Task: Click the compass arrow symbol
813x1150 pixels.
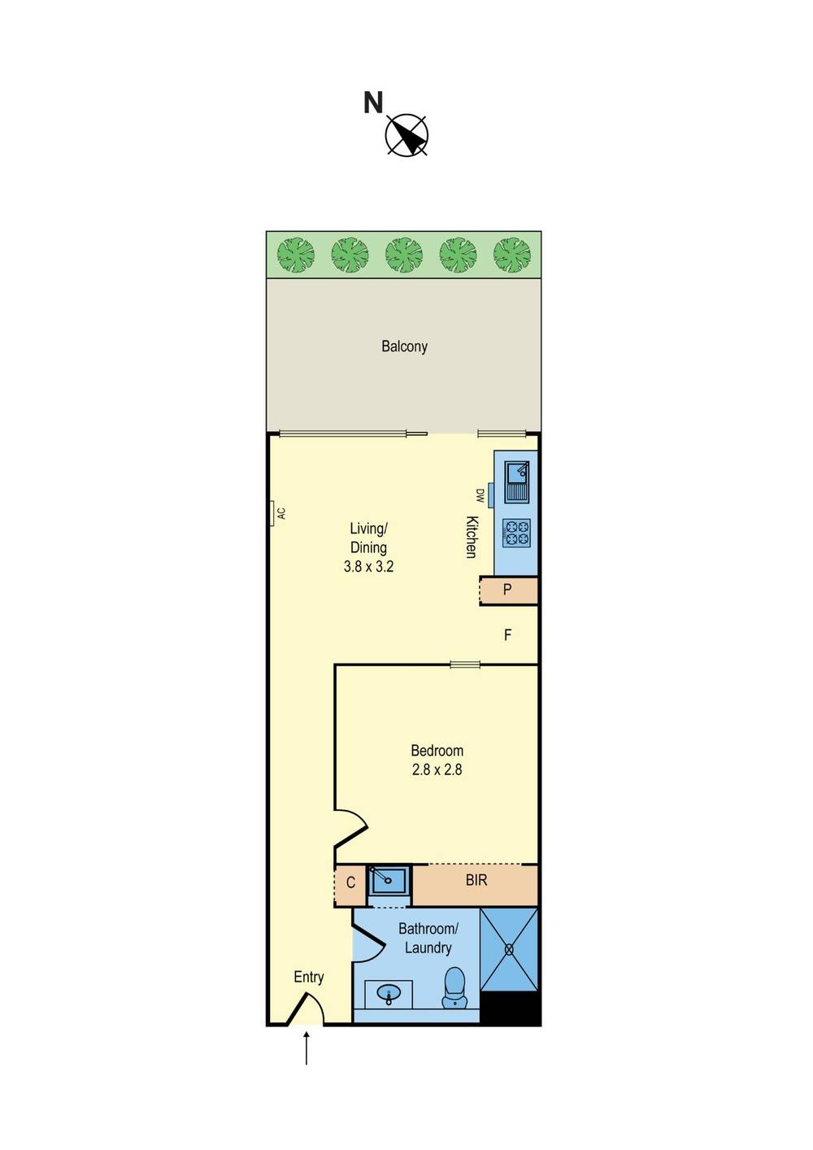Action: [x=406, y=135]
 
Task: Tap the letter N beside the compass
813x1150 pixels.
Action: [x=373, y=102]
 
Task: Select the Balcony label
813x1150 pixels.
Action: [x=404, y=346]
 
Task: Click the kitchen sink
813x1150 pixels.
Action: [x=516, y=481]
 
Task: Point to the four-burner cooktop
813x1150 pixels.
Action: [x=516, y=533]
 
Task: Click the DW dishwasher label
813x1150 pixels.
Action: [x=480, y=495]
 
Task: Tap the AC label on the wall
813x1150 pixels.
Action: [x=281, y=513]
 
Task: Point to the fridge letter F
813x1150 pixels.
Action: [x=507, y=635]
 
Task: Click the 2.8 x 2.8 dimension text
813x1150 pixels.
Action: [x=437, y=769]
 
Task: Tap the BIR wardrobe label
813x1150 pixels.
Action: [x=476, y=881]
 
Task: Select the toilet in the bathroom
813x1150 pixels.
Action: [x=454, y=988]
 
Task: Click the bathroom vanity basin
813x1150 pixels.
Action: [x=389, y=994]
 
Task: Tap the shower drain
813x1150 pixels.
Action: [x=509, y=949]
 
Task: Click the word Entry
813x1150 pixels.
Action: [x=308, y=977]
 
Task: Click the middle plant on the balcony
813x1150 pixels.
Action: [x=404, y=255]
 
